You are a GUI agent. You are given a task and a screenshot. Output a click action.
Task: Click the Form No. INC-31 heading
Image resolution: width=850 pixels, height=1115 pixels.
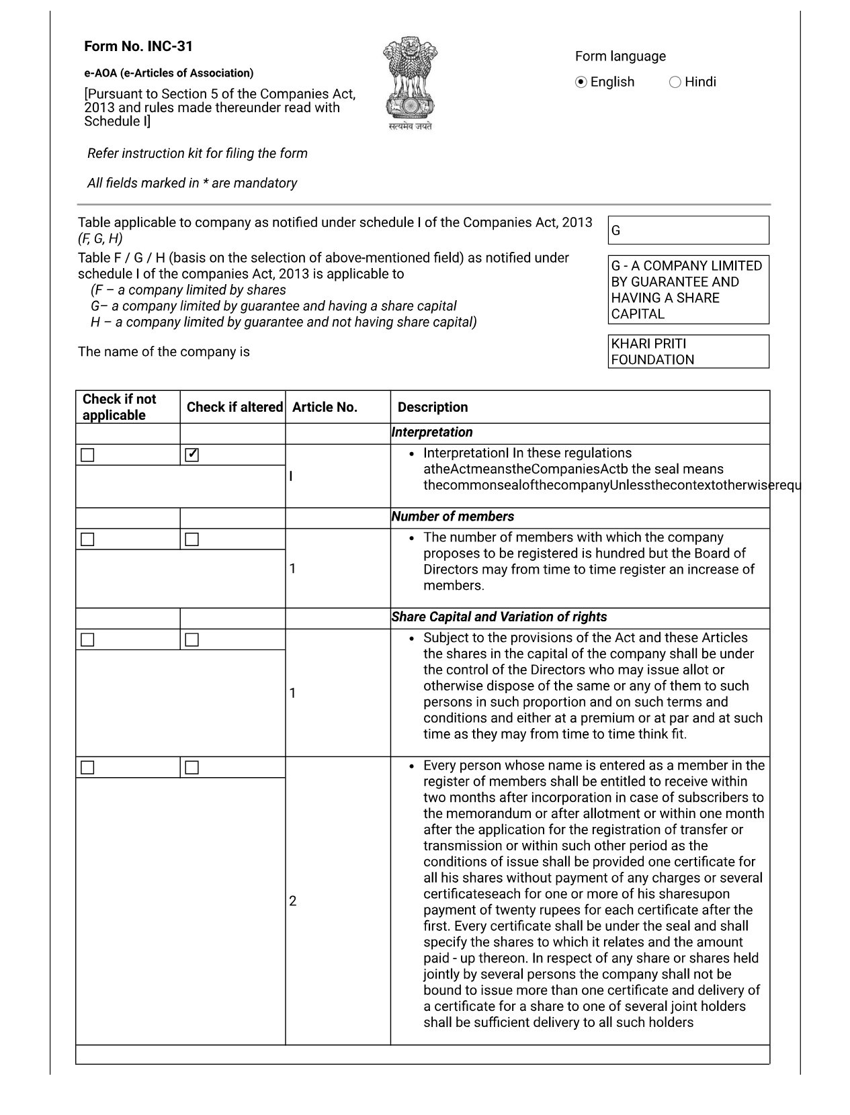tap(138, 46)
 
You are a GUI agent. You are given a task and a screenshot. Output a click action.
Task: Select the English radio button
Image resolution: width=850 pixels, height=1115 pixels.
tap(582, 82)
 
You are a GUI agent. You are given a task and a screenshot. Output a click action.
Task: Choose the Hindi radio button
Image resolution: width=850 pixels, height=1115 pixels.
tap(675, 82)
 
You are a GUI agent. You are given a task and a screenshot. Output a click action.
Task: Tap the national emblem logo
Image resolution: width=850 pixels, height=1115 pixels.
tap(410, 83)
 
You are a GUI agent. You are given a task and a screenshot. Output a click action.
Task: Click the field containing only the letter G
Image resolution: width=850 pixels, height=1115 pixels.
tap(688, 230)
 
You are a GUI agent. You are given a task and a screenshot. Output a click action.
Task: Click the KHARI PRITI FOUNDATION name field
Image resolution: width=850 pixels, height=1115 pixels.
tap(688, 351)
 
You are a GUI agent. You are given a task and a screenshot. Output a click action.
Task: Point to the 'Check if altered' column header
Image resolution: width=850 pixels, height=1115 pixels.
tap(234, 407)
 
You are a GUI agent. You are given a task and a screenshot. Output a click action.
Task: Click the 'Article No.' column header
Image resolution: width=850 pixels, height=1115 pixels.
tap(325, 407)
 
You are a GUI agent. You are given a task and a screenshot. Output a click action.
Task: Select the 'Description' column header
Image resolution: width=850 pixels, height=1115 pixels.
tap(433, 407)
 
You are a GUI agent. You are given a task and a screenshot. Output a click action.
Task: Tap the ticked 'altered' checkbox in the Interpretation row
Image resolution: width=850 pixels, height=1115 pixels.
tap(192, 455)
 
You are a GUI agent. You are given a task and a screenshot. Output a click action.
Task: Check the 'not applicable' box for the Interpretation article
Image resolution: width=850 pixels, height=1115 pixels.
tap(87, 455)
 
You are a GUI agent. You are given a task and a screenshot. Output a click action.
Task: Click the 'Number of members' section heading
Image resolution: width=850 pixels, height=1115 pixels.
tap(453, 517)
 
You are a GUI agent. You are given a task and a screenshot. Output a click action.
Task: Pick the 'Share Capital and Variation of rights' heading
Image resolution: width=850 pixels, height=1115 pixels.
tap(499, 617)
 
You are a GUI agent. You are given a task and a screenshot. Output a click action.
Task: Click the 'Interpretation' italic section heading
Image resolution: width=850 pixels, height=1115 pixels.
tap(432, 433)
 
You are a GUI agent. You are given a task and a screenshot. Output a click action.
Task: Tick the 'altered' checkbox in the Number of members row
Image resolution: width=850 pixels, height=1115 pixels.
tap(192, 539)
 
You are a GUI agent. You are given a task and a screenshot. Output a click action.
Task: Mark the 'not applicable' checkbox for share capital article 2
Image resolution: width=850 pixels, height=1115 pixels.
tap(87, 768)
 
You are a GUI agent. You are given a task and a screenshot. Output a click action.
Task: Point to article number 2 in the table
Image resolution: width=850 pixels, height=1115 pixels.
tap(293, 901)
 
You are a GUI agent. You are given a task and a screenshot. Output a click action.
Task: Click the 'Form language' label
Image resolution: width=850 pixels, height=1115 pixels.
tap(620, 56)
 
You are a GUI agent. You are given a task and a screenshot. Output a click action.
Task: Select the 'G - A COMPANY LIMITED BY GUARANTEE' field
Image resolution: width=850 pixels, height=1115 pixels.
tap(688, 289)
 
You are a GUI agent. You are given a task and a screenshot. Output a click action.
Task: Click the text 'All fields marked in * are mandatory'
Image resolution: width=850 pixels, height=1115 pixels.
tap(192, 183)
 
